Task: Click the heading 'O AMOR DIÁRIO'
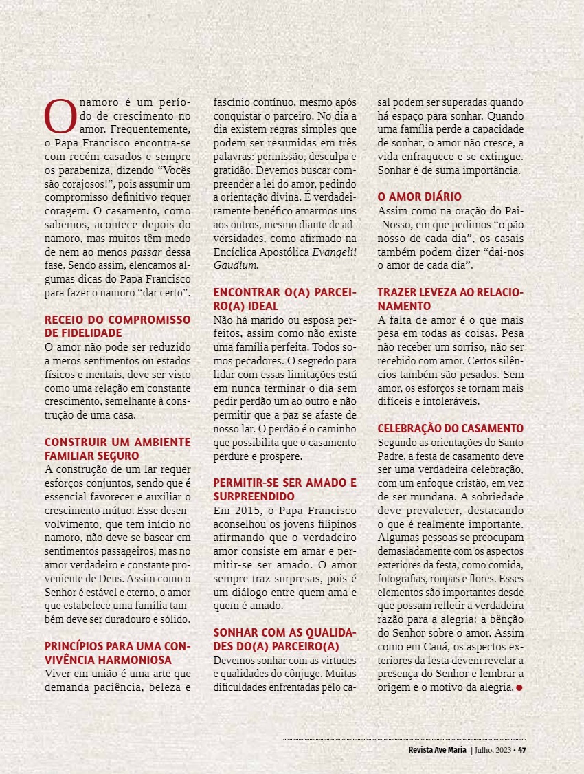pyautogui.click(x=420, y=197)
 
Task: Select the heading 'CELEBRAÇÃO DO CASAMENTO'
pyautogui.click(x=451, y=428)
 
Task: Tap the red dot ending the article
pyautogui.click(x=519, y=687)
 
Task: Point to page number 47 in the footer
pyautogui.click(x=522, y=750)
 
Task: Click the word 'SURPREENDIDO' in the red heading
pyautogui.click(x=254, y=496)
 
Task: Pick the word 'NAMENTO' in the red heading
pyautogui.click(x=404, y=306)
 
